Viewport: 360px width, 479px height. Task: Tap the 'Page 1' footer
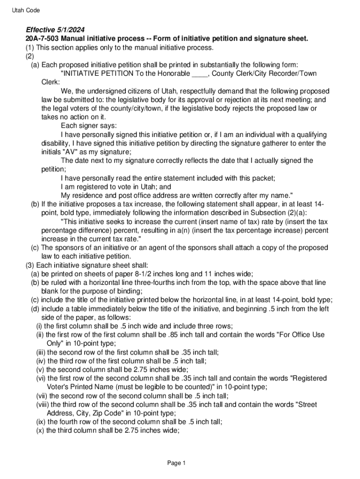177,463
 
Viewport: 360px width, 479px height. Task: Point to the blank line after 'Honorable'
200,73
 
